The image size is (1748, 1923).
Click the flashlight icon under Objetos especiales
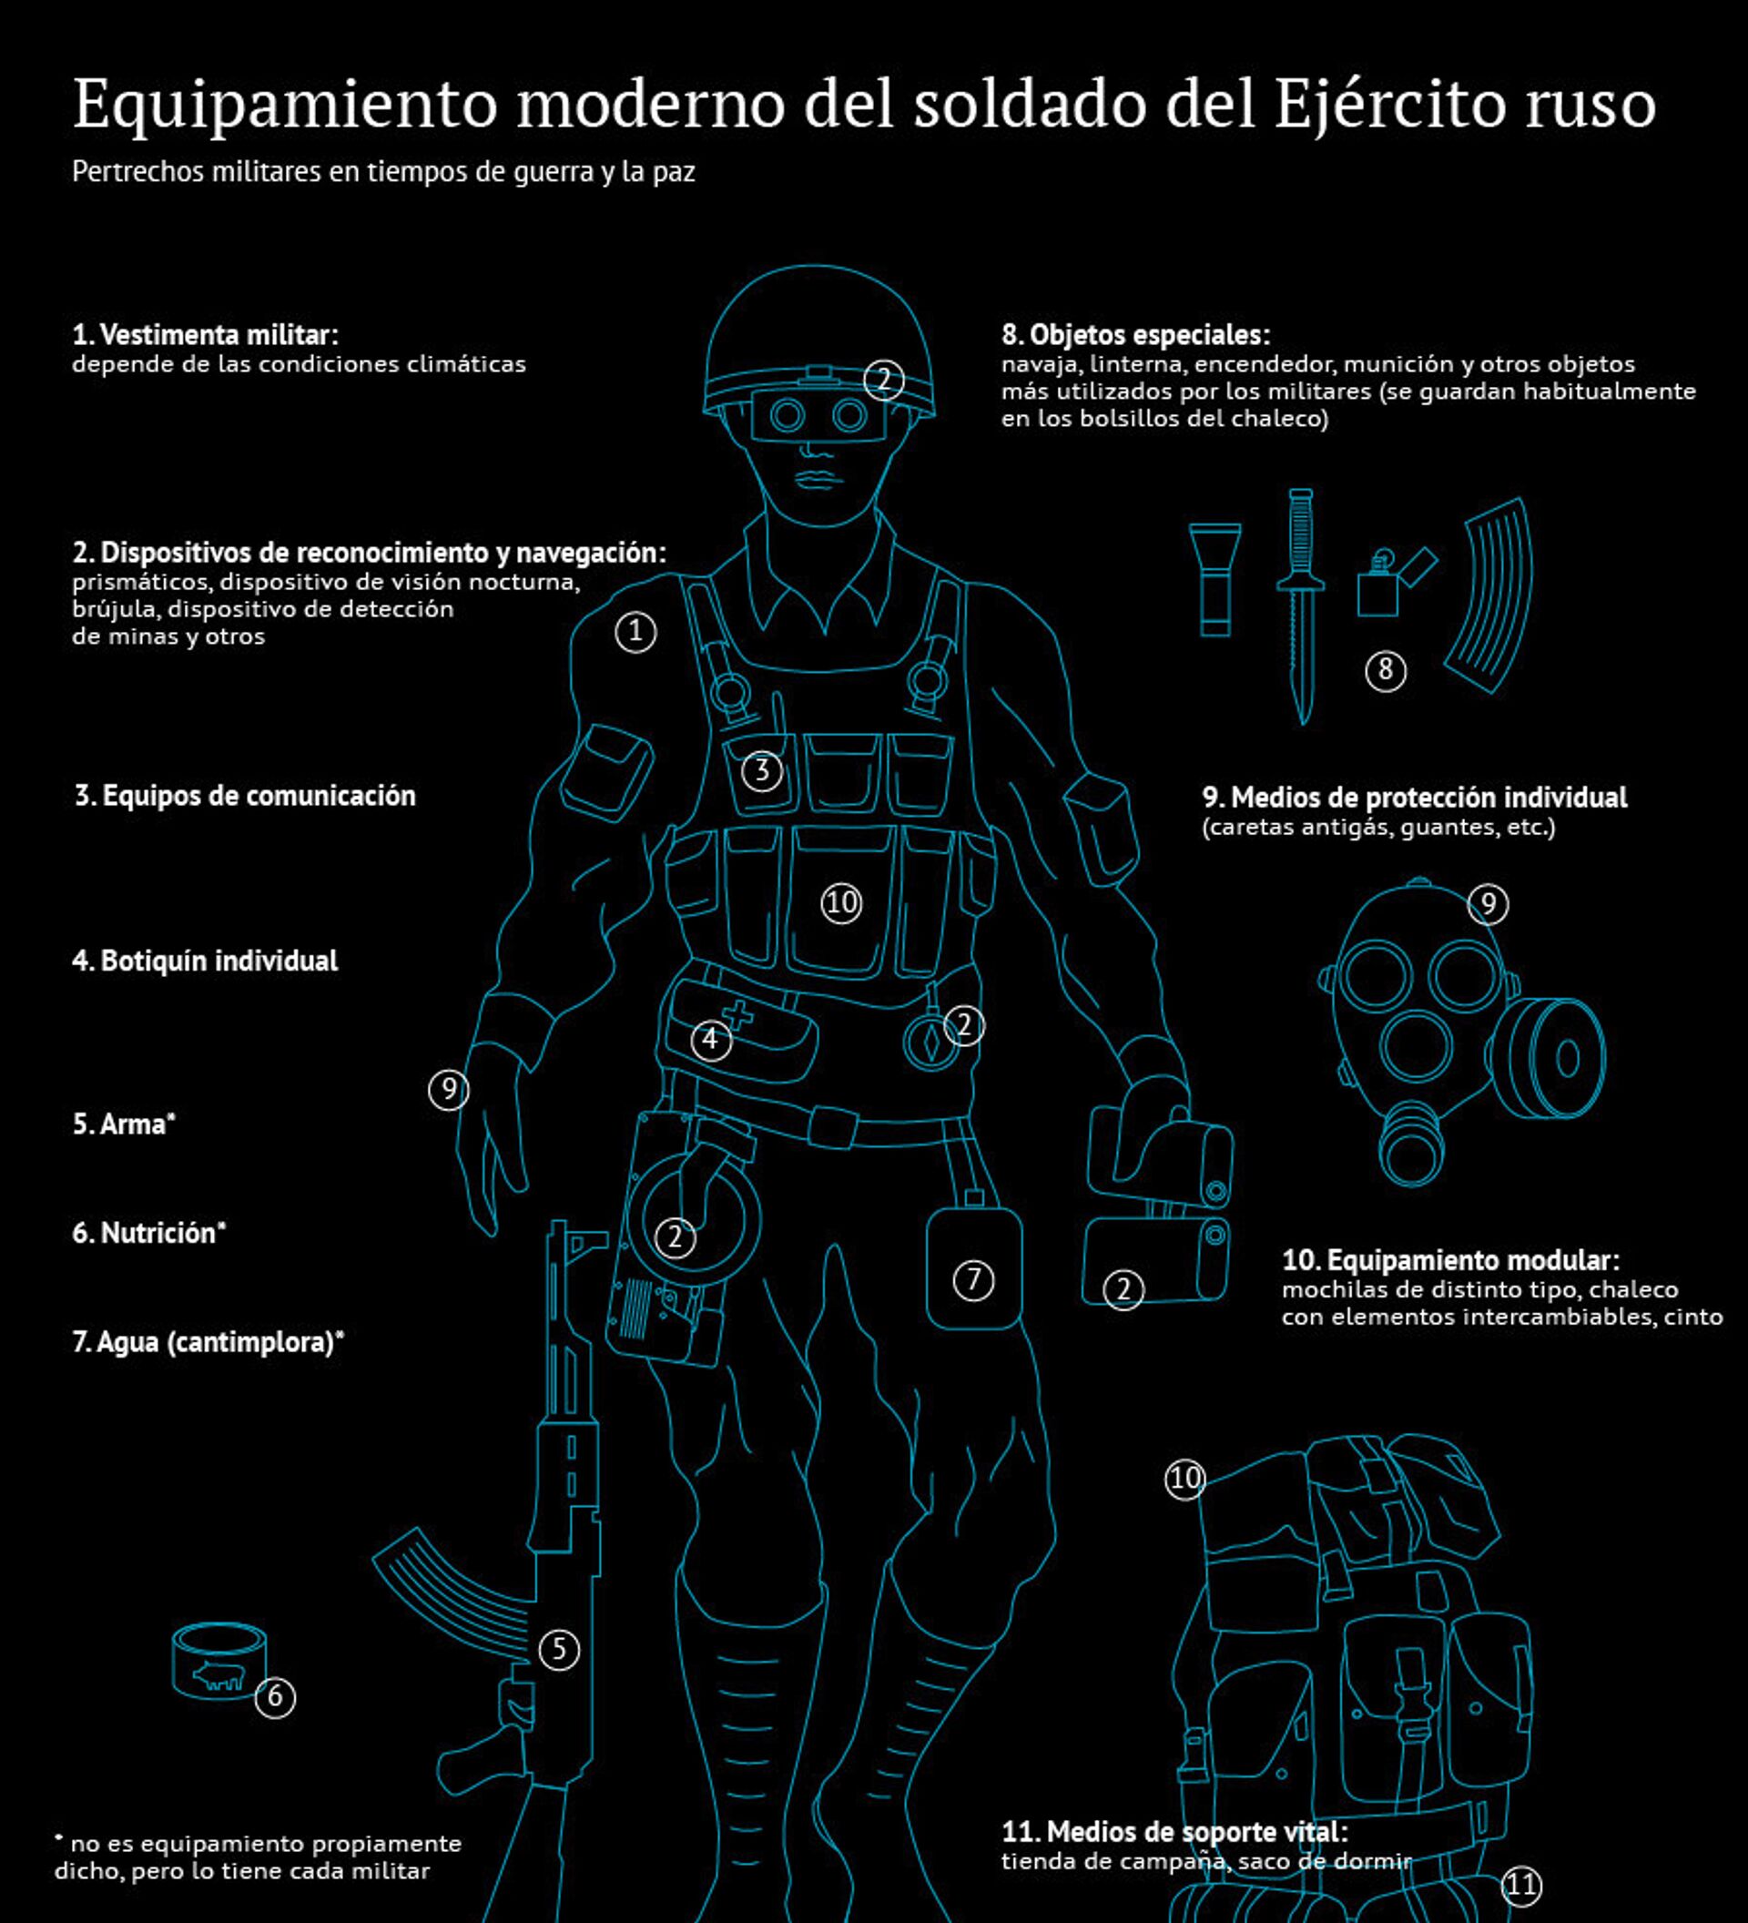[x=1214, y=579]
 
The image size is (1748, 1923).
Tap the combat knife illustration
[x=1301, y=606]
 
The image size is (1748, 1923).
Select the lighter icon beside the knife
[x=1395, y=583]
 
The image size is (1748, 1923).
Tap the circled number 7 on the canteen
[x=973, y=1279]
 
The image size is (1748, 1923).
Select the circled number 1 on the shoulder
[x=636, y=632]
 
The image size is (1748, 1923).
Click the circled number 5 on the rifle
[x=559, y=1649]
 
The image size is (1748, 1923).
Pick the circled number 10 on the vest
[x=841, y=902]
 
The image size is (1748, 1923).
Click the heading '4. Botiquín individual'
[x=205, y=961]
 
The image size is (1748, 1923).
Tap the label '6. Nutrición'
[x=148, y=1234]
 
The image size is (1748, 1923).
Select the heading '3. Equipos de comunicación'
[x=245, y=796]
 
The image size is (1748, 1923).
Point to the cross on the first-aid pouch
[x=738, y=1015]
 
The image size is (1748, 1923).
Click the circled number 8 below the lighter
[x=1386, y=670]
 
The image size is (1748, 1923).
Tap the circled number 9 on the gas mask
[x=1489, y=903]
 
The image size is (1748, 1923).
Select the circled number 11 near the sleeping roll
[x=1521, y=1884]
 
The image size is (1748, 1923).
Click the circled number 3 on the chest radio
[x=762, y=770]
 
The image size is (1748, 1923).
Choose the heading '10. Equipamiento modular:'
[x=1450, y=1260]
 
